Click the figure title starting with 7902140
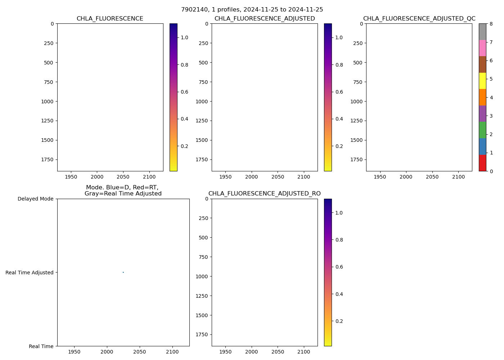click(x=252, y=10)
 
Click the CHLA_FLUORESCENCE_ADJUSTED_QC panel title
click(x=419, y=19)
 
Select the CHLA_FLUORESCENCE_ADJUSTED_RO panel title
click(x=264, y=194)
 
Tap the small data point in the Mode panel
click(x=123, y=272)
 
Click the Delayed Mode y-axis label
click(x=35, y=199)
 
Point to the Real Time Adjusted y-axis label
click(x=30, y=273)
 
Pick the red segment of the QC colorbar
click(x=482, y=163)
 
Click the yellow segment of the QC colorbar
click(x=482, y=81)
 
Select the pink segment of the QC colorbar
click(x=482, y=48)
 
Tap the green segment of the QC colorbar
click(x=482, y=130)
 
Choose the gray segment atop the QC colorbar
click(x=482, y=32)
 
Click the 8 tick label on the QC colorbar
click(x=491, y=24)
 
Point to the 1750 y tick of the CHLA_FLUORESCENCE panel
click(x=47, y=159)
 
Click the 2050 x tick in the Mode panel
click(x=140, y=351)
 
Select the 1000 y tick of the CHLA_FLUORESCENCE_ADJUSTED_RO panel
click(x=202, y=276)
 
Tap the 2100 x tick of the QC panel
click(x=458, y=177)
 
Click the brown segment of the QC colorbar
click(x=482, y=64)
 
